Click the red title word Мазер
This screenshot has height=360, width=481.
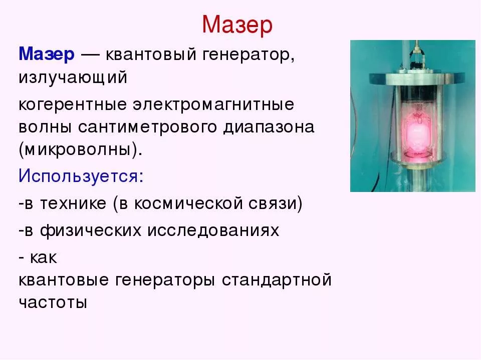pyautogui.click(x=237, y=25)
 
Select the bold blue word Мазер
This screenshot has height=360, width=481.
pyautogui.click(x=47, y=54)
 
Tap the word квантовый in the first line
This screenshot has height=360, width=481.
pyautogui.click(x=151, y=55)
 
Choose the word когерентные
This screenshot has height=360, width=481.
pyautogui.click(x=72, y=105)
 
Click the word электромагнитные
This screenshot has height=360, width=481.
pyautogui.click(x=213, y=104)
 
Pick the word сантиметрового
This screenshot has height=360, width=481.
pyautogui.click(x=147, y=127)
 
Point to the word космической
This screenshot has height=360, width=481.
pyautogui.click(x=188, y=204)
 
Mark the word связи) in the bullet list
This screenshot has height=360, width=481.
pyautogui.click(x=276, y=204)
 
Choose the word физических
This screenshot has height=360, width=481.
pyautogui.click(x=91, y=231)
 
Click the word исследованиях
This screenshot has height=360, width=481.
pyautogui.click(x=213, y=231)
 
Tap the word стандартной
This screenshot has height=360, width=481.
pyautogui.click(x=277, y=280)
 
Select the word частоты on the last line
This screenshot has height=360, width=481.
pyautogui.click(x=53, y=302)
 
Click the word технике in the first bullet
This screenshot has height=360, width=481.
pyautogui.click(x=73, y=204)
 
